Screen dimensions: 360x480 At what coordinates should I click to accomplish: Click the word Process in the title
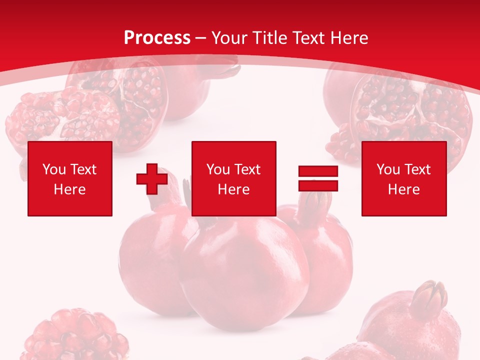click(x=157, y=38)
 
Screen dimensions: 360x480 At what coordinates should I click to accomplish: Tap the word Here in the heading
click(x=348, y=38)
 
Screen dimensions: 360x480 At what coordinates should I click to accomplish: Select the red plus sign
click(x=152, y=179)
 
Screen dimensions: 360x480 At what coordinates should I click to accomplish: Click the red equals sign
click(x=318, y=178)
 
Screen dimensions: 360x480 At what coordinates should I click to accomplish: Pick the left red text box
click(x=69, y=178)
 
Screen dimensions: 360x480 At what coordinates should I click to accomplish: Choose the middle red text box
click(x=233, y=178)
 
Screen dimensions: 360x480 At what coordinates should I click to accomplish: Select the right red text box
click(x=403, y=178)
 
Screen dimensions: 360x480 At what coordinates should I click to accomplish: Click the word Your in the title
click(x=229, y=38)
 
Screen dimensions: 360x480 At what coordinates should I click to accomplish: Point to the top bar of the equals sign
click(x=318, y=171)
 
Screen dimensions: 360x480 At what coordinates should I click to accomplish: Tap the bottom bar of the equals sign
click(x=318, y=185)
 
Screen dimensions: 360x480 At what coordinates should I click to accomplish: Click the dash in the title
click(x=201, y=38)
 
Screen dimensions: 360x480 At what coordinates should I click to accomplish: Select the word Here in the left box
click(x=69, y=189)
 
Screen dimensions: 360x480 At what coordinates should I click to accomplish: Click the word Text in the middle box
click(x=247, y=169)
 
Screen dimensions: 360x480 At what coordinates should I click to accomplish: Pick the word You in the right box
click(x=387, y=169)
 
